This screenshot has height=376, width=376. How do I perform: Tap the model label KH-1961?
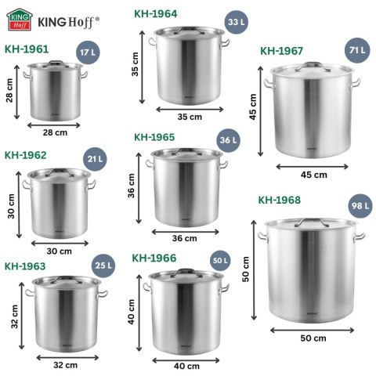click(x=27, y=49)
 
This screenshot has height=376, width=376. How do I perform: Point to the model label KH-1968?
click(x=280, y=200)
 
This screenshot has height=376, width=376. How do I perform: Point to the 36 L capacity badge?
click(x=228, y=141)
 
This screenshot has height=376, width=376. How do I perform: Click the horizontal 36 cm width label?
click(x=184, y=238)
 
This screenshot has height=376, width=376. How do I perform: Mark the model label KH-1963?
click(x=25, y=266)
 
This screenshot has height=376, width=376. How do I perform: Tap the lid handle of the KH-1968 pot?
click(x=312, y=221)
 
